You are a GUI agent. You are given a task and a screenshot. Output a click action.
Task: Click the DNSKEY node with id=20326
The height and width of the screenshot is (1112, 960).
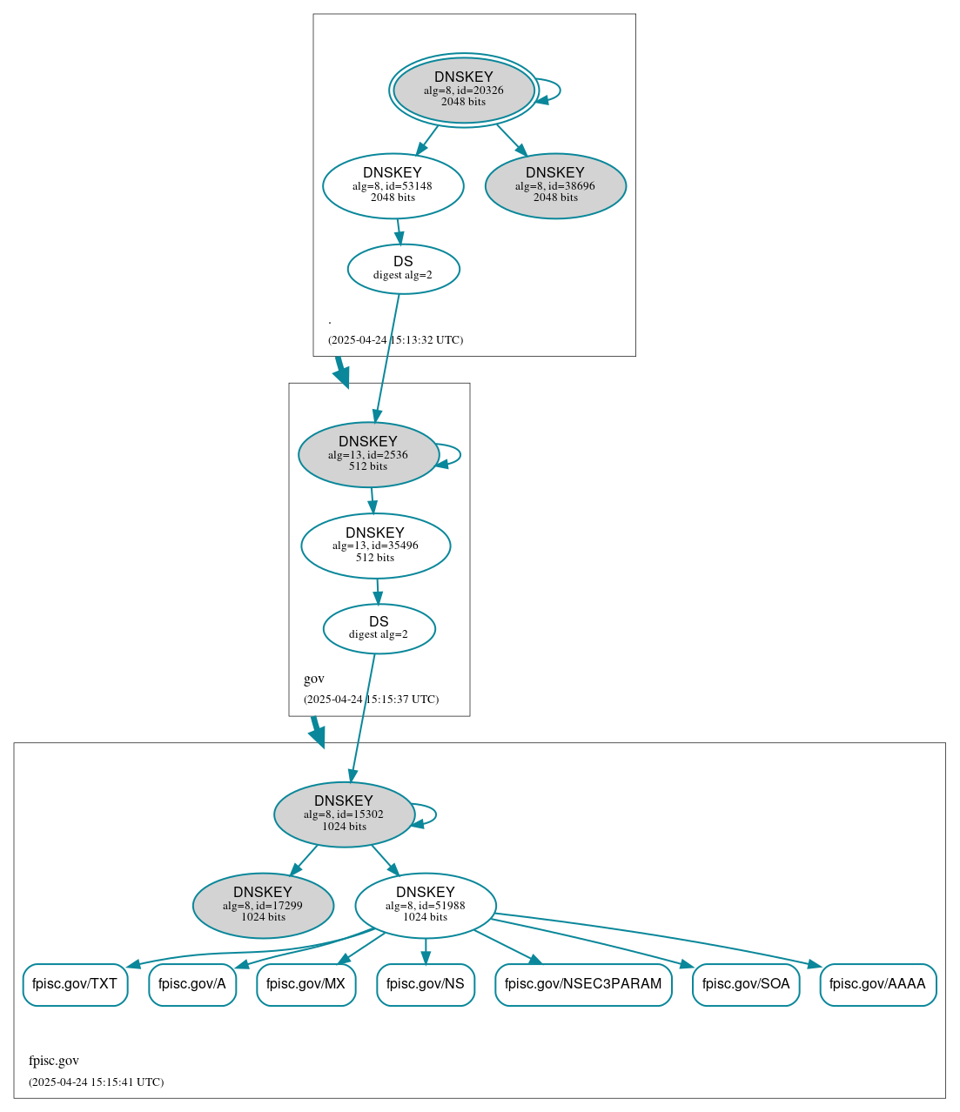click(x=463, y=90)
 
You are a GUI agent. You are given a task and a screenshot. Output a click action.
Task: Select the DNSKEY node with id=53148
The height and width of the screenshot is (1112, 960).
click(x=393, y=185)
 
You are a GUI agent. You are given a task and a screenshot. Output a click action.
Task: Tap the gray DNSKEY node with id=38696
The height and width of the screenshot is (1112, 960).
click(x=555, y=185)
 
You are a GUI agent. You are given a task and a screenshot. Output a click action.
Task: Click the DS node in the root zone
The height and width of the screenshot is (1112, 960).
click(x=403, y=269)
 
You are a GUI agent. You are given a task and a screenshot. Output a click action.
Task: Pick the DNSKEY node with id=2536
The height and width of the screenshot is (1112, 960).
click(x=368, y=454)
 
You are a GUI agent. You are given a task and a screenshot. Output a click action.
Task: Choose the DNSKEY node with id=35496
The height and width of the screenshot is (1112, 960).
click(x=375, y=546)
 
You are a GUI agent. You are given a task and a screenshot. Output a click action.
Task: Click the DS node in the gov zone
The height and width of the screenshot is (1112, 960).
click(x=379, y=628)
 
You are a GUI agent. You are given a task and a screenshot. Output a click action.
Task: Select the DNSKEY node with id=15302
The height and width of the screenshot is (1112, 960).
click(x=344, y=814)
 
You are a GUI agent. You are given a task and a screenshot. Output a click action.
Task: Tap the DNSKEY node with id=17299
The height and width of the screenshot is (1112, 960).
click(x=263, y=906)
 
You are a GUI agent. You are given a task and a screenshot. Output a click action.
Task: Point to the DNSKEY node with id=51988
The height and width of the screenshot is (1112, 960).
click(x=426, y=906)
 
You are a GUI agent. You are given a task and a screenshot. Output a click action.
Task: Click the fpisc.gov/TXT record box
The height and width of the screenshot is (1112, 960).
click(x=75, y=984)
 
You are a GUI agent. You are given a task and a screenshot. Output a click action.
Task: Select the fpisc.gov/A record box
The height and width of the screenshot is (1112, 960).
click(x=192, y=984)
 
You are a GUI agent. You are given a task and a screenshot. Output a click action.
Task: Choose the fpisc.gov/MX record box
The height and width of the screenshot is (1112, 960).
click(x=305, y=984)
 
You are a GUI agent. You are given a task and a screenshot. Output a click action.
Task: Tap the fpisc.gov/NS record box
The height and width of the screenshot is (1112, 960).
click(x=426, y=984)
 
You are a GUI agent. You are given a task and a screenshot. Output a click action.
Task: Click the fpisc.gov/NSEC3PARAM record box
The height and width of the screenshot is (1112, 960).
click(x=583, y=984)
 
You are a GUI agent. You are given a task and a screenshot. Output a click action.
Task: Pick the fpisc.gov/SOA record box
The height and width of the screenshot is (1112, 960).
click(x=746, y=984)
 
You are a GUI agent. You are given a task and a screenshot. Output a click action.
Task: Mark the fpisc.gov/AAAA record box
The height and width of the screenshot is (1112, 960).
click(x=877, y=984)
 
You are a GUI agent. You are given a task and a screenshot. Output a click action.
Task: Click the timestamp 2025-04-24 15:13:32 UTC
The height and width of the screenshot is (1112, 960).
click(x=395, y=340)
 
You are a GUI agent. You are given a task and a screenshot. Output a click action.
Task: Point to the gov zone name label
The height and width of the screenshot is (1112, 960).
click(x=314, y=679)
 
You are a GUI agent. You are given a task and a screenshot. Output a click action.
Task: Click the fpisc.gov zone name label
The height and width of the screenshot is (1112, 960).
click(x=54, y=1061)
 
